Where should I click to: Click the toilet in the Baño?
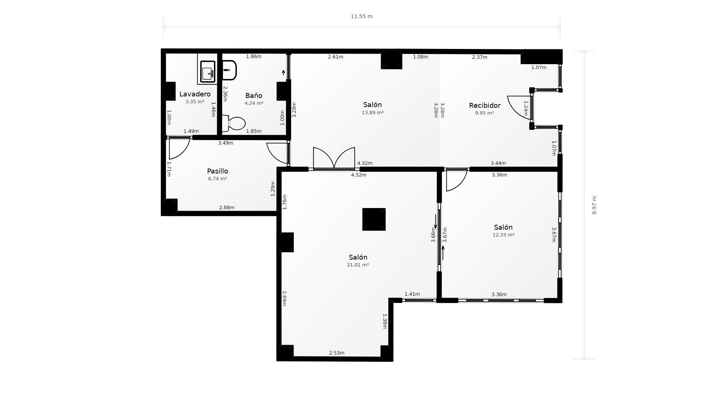coord(235,123)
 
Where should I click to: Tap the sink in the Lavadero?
coord(208,72)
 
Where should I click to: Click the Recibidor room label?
coord(485,106)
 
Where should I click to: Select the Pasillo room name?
coord(218,171)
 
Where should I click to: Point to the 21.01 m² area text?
coord(358,265)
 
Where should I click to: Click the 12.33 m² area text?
coord(503,235)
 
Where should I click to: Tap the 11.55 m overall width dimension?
coord(361,16)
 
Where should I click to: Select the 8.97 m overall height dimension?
coord(594,205)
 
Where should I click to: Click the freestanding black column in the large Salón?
coord(374,219)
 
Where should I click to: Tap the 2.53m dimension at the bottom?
coord(337,353)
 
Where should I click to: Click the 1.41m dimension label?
coord(412,294)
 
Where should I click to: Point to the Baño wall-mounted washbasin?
coord(229,70)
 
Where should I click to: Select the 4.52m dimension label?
coord(359,175)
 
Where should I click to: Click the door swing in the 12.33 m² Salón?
coord(456,180)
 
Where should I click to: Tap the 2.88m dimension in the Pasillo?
coord(227,208)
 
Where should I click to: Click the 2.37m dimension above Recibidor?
coord(480,57)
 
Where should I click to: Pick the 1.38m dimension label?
coord(385,321)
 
